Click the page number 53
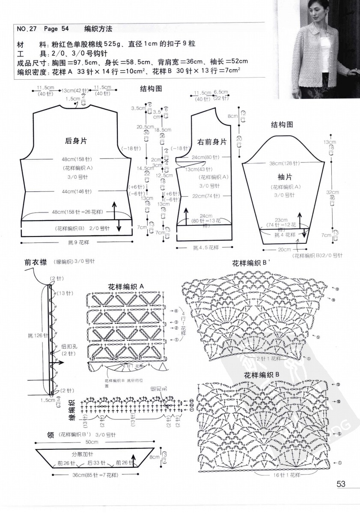click(x=341, y=484)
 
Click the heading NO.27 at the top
click(x=27, y=29)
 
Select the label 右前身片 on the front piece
click(x=212, y=142)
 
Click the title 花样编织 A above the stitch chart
click(x=126, y=287)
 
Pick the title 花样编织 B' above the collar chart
click(x=252, y=263)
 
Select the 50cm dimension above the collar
click(x=92, y=442)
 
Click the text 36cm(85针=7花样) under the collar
click(x=95, y=475)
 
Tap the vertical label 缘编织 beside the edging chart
click(x=72, y=409)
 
